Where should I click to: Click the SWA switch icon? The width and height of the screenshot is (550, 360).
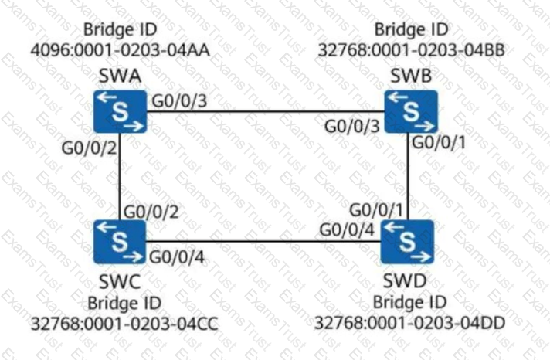[120, 111]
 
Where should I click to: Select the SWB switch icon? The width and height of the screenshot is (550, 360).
[411, 111]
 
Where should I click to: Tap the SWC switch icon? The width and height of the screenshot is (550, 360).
[120, 242]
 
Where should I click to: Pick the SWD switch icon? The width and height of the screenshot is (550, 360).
[408, 242]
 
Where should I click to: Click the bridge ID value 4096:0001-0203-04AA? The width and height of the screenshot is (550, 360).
[121, 50]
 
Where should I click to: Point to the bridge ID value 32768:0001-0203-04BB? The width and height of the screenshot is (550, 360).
[412, 50]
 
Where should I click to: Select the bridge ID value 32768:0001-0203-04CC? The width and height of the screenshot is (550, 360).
[124, 324]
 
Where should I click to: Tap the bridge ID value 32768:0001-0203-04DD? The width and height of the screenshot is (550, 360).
[409, 323]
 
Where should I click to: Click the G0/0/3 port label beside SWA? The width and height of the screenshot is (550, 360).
[179, 101]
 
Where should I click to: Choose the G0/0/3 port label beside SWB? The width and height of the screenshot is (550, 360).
[351, 127]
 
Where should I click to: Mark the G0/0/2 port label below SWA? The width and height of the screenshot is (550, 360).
[89, 148]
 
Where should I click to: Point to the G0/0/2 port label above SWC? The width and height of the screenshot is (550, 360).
[151, 212]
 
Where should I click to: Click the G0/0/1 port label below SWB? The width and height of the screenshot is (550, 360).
[439, 142]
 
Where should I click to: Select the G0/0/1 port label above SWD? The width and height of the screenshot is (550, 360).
[376, 210]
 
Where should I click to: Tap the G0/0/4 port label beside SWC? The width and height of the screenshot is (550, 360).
[177, 257]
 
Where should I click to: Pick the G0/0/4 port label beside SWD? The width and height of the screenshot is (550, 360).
[347, 230]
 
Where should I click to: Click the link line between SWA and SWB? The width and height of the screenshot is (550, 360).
[266, 112]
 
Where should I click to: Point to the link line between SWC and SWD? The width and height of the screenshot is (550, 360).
[263, 241]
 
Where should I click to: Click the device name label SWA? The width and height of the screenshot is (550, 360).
[120, 76]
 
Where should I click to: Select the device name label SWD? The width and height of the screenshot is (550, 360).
[405, 280]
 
